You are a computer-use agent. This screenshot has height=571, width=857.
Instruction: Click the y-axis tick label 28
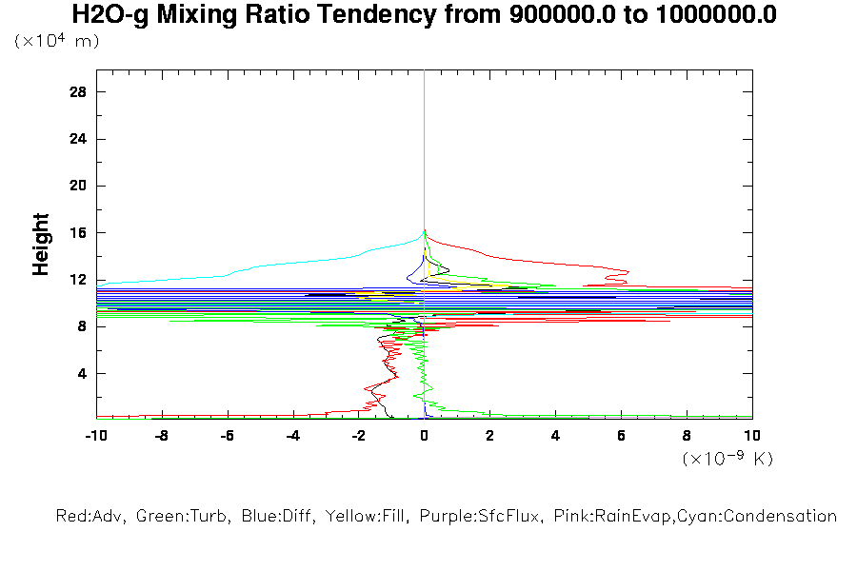[x=79, y=92]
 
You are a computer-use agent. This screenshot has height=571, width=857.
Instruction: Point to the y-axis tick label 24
[x=79, y=139]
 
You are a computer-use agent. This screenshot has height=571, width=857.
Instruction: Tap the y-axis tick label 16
[x=79, y=233]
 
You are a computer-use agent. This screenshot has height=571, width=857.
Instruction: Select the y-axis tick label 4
[x=83, y=373]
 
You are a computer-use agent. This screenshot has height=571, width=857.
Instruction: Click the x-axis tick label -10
[x=95, y=436]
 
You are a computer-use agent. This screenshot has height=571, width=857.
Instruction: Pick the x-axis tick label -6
[x=227, y=436]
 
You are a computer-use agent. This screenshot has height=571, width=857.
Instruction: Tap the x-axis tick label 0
[x=425, y=436]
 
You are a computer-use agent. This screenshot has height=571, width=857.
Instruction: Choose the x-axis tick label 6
[x=621, y=436]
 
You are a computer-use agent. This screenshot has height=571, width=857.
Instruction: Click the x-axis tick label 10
[x=752, y=436]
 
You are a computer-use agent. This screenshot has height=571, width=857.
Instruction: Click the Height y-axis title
[x=41, y=245]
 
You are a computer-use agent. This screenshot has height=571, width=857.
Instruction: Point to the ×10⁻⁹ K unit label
[x=727, y=459]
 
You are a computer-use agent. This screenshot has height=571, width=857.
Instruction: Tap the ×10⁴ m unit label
[x=56, y=42]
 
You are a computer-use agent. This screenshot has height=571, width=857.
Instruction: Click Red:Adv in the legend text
[x=90, y=517]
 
